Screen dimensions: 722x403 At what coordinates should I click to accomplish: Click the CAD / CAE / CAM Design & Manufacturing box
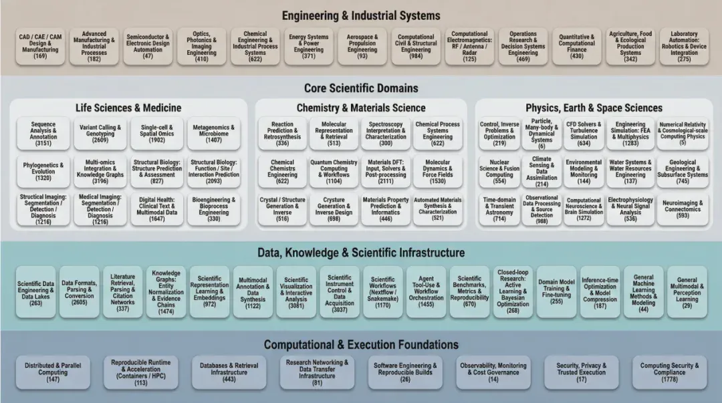(40, 47)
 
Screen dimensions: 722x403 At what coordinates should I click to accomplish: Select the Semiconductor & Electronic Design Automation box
(148, 47)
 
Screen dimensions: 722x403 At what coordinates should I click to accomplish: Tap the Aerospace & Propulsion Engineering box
(362, 47)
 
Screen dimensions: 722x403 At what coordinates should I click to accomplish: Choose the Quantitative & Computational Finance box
(576, 47)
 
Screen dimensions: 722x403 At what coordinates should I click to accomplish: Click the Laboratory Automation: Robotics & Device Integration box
(684, 47)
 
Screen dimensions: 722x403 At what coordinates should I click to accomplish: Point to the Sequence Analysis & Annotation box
(43, 134)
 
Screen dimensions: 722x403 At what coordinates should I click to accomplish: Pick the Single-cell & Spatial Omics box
(157, 134)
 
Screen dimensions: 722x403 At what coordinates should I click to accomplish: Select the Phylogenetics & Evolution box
(43, 171)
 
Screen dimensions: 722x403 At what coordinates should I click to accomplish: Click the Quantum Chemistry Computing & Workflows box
(334, 171)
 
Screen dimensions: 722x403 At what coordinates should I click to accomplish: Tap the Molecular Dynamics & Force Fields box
(437, 171)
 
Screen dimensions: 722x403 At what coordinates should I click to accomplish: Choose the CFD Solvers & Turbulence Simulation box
(584, 134)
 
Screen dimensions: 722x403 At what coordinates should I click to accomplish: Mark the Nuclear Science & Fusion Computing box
(499, 171)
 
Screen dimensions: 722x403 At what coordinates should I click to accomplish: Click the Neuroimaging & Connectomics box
(683, 209)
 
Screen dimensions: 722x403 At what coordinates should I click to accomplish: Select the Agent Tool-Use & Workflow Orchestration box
(427, 291)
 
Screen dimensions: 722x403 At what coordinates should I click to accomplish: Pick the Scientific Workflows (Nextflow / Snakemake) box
(382, 291)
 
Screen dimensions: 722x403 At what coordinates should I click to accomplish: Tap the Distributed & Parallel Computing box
(53, 372)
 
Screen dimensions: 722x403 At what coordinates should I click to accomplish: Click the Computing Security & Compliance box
(669, 372)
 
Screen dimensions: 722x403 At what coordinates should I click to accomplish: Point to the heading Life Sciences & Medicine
(128, 108)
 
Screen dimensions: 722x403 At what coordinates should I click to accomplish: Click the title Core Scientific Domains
(361, 88)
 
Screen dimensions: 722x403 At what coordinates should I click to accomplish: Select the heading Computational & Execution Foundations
(361, 344)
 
